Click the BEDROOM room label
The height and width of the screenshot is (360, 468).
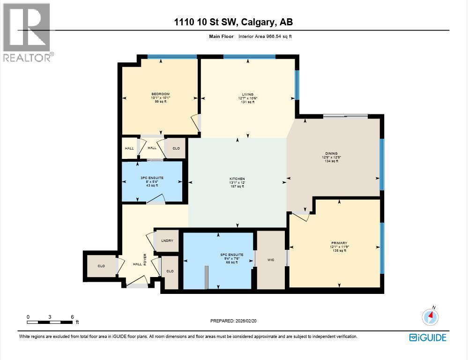click(160, 94)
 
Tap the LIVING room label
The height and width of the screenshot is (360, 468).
click(247, 95)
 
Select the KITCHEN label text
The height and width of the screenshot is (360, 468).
click(238, 179)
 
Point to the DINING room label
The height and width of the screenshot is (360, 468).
click(331, 153)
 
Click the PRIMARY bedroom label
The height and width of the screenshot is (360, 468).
click(339, 243)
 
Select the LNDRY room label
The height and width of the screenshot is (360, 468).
click(167, 240)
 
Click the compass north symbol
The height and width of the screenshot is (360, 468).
click(430, 317)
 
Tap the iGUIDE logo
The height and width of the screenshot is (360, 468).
click(427, 337)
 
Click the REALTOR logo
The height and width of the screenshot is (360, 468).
click(27, 33)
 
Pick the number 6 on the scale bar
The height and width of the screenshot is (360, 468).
click(72, 317)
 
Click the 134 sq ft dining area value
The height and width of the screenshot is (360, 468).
click(331, 161)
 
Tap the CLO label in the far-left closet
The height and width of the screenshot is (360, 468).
click(101, 266)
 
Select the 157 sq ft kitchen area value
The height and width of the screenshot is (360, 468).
click(238, 187)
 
